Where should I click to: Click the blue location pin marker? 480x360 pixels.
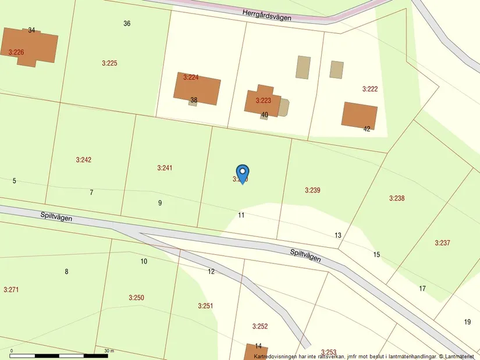243,173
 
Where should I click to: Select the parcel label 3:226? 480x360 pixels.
16,52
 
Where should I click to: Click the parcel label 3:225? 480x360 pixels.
109,63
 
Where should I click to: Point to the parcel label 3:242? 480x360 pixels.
84,160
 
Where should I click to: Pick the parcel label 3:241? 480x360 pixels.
165,168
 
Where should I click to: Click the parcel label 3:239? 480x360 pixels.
312,190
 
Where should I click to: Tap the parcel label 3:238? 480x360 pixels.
397,198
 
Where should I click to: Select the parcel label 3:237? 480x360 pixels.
442,243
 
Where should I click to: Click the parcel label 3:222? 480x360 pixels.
370,89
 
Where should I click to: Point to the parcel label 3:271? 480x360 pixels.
11,290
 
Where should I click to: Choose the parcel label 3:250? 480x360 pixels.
136,298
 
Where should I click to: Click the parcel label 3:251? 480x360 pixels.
205,306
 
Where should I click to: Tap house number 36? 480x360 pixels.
127,24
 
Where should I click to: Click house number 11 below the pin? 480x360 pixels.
241,215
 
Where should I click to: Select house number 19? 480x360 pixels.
467,322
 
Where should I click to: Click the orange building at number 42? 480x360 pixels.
359,115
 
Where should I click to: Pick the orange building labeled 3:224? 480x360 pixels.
197,88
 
